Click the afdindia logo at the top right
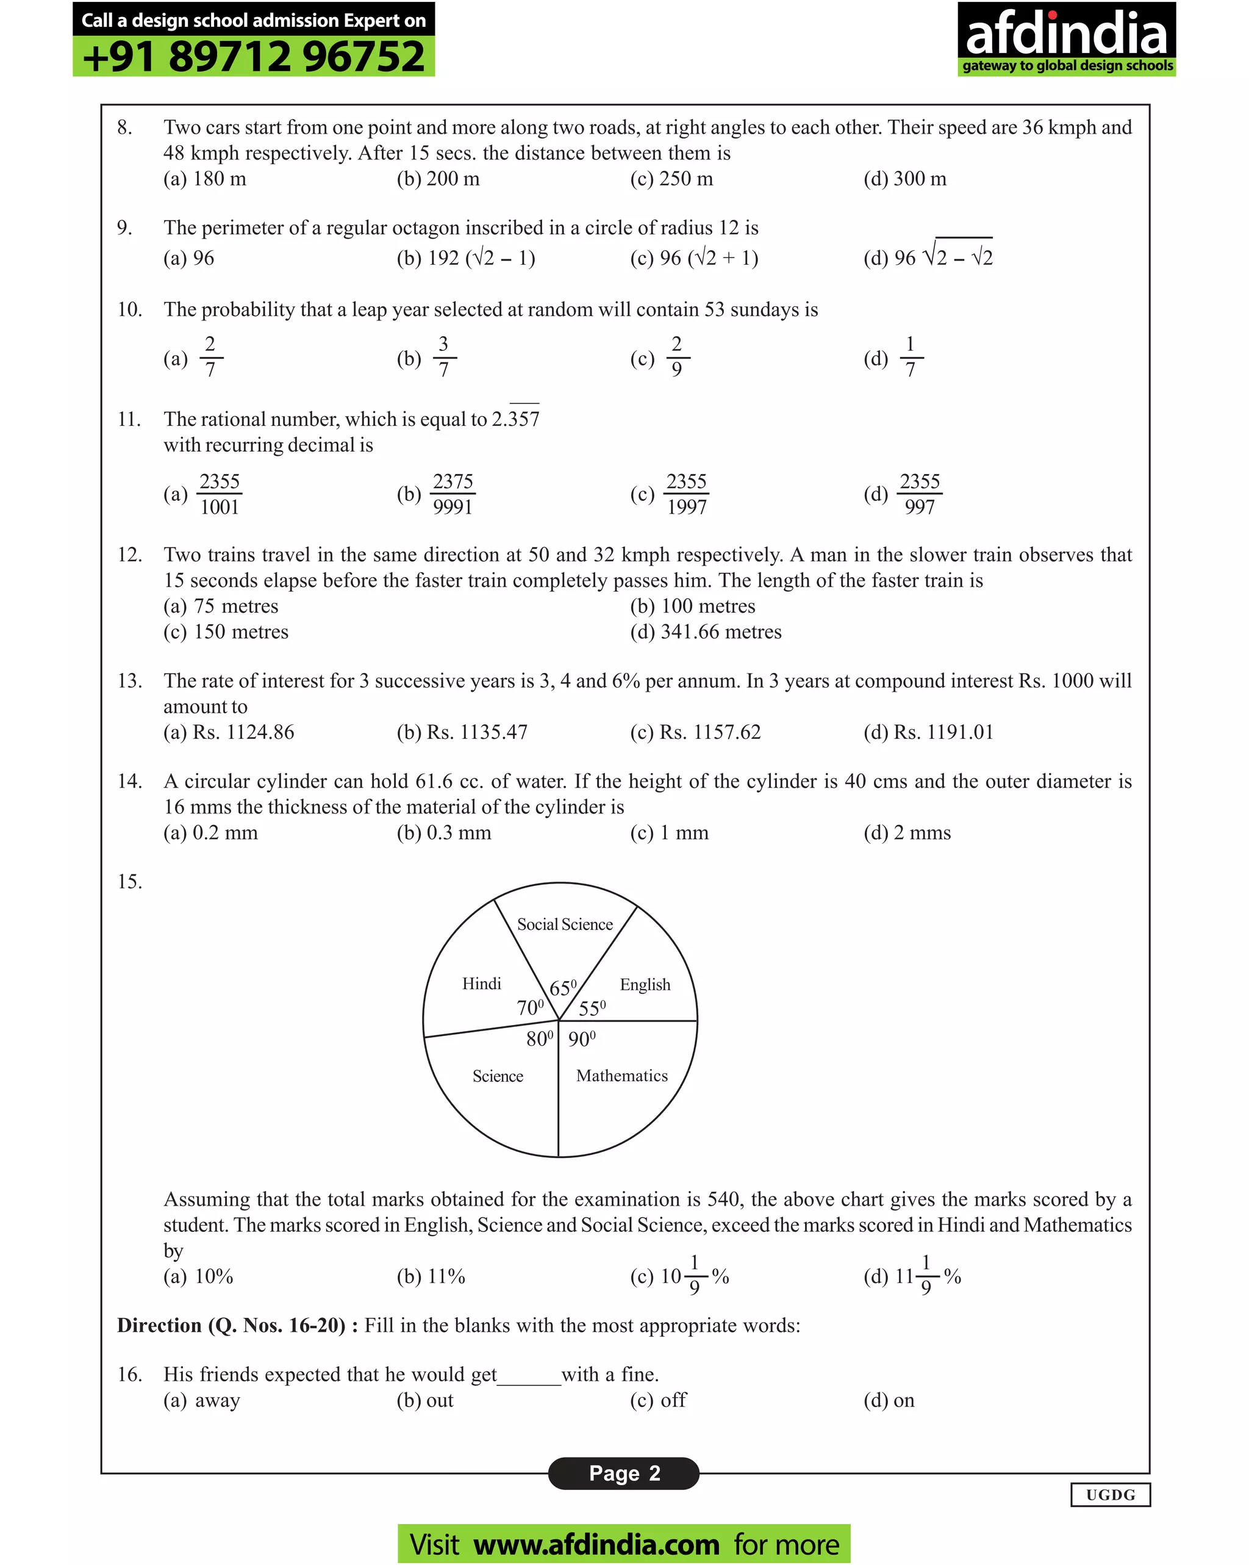[x=1065, y=38]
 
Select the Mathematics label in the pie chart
[x=621, y=1075]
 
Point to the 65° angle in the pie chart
[x=562, y=988]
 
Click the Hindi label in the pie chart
[x=481, y=984]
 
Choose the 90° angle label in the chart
[x=581, y=1038]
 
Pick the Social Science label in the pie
[x=565, y=924]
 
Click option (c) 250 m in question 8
[x=671, y=179]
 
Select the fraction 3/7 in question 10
[x=443, y=356]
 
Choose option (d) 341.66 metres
[x=706, y=631]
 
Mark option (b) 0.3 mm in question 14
[x=443, y=833]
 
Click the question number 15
[x=129, y=881]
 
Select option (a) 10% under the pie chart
[x=198, y=1276]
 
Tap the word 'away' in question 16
[x=217, y=1400]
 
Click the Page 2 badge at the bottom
[x=623, y=1473]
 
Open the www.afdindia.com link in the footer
[x=596, y=1544]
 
